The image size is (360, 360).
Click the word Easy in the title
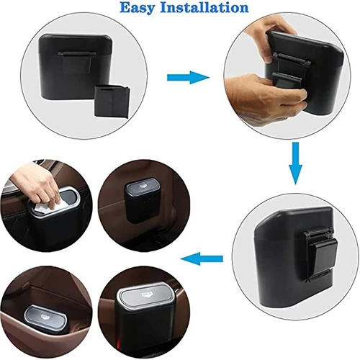tap(138, 8)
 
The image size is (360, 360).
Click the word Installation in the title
tap(204, 7)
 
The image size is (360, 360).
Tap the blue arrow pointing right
tap(188, 77)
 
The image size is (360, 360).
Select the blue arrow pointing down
tap(295, 163)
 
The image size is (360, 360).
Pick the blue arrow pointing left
tap(202, 258)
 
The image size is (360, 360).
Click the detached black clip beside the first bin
tap(113, 101)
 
